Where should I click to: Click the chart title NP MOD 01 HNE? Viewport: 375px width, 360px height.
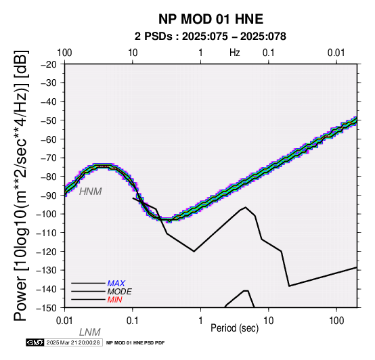point(211,19)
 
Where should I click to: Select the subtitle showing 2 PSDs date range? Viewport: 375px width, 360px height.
point(211,37)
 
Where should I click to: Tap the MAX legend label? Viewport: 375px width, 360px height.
point(116,284)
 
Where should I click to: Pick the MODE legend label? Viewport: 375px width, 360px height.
point(119,292)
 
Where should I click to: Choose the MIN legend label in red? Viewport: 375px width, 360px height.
point(114,300)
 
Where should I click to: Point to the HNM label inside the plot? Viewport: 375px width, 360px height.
point(91,192)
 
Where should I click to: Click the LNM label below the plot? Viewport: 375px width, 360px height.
point(89,332)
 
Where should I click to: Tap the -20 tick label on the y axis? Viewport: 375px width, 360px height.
point(49,64)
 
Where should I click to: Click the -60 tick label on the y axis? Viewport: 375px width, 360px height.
point(49,139)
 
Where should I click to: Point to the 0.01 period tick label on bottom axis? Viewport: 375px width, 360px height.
point(64,321)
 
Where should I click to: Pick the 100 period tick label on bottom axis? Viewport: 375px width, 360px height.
point(336,321)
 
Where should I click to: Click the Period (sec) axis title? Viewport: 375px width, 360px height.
point(235,328)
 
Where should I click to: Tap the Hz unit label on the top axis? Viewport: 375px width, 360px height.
point(235,53)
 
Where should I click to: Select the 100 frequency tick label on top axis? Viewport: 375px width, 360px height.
point(64,53)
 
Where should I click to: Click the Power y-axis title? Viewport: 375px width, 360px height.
point(21,185)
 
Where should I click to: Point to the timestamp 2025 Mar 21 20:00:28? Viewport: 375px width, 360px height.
point(73,342)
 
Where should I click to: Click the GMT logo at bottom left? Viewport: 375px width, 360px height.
point(35,342)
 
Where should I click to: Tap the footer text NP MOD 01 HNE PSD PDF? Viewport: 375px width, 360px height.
point(135,343)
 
